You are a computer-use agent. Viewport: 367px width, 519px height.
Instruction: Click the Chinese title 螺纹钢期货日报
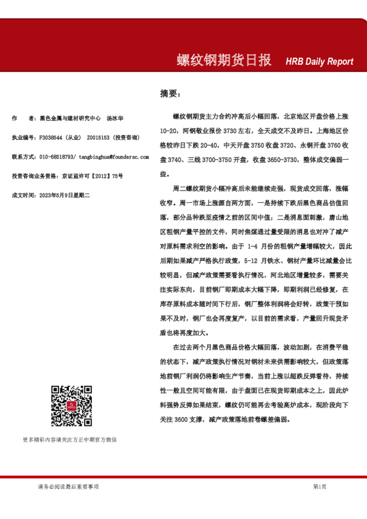pos(225,60)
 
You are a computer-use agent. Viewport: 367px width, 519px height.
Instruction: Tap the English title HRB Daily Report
pos(320,62)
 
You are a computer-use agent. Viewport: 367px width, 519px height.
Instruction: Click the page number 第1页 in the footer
pos(320,486)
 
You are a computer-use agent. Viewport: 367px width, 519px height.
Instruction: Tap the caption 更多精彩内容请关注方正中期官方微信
pos(69,439)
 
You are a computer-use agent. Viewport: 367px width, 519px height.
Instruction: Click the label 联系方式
pos(23,157)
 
